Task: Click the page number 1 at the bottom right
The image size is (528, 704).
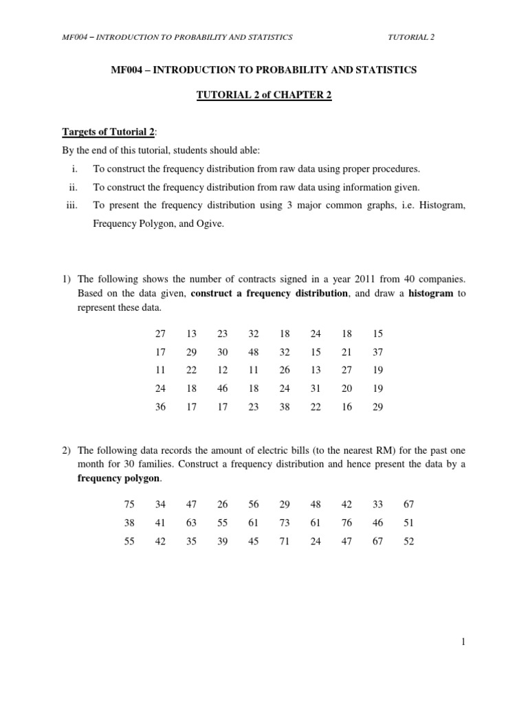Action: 463,641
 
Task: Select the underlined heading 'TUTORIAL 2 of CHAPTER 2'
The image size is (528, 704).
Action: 264,95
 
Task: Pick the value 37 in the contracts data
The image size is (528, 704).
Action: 377,352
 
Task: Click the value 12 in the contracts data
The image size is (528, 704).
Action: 222,370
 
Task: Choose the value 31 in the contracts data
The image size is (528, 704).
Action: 316,388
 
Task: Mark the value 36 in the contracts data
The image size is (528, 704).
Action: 160,406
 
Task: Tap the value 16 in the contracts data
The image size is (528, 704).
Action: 346,406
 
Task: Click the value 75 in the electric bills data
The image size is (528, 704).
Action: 129,504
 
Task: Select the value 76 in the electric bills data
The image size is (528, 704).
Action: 346,522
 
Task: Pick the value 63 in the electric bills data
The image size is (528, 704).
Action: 191,522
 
